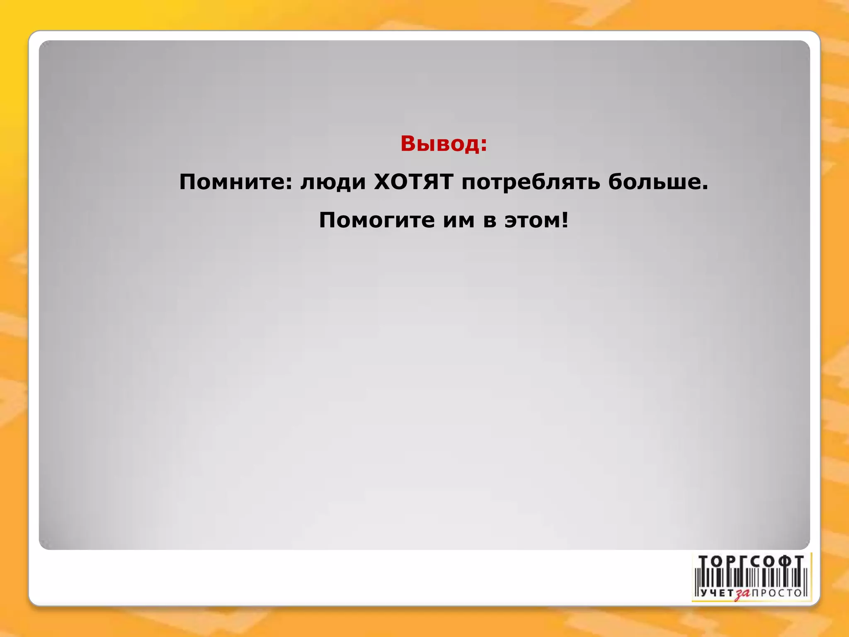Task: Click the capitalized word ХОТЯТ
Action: (x=413, y=182)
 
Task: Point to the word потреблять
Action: (x=531, y=182)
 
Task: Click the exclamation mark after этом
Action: (x=565, y=220)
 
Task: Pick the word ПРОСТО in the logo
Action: (x=777, y=593)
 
